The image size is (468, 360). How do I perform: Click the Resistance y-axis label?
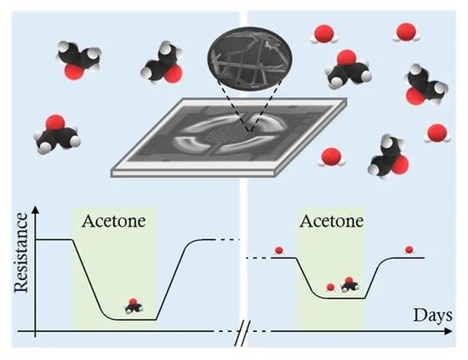pyautogui.click(x=21, y=252)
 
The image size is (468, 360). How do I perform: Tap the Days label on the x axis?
pyautogui.click(x=432, y=316)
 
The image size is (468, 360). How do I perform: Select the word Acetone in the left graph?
pyautogui.click(x=114, y=221)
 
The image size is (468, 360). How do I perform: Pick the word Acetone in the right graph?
pyautogui.click(x=332, y=221)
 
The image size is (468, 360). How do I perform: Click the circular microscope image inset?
pyautogui.click(x=250, y=59)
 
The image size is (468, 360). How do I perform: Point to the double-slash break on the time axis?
pyautogui.click(x=243, y=333)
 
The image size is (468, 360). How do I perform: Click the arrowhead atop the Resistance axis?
pyautogui.click(x=36, y=209)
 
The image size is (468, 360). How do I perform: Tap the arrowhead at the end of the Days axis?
pyautogui.click(x=448, y=331)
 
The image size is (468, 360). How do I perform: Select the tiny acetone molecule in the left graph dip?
pyautogui.click(x=134, y=306)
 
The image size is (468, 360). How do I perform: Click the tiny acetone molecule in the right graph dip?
pyautogui.click(x=350, y=285)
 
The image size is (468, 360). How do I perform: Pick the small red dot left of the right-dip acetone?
pyautogui.click(x=330, y=287)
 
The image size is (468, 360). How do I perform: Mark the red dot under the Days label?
pyautogui.click(x=409, y=249)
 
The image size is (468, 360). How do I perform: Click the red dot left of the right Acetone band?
pyautogui.click(x=279, y=250)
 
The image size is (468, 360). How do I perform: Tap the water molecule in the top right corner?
pyautogui.click(x=406, y=32)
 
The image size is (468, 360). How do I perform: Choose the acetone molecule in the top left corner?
pyautogui.click(x=78, y=60)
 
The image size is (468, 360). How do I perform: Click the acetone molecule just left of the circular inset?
pyautogui.click(x=163, y=65)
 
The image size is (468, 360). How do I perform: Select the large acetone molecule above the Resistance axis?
pyautogui.click(x=57, y=134)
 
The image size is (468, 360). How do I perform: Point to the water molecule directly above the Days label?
pyautogui.click(x=437, y=133)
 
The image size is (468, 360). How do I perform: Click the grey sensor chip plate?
pyautogui.click(x=229, y=138)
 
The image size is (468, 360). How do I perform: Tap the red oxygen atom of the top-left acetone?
pyautogui.click(x=74, y=72)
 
